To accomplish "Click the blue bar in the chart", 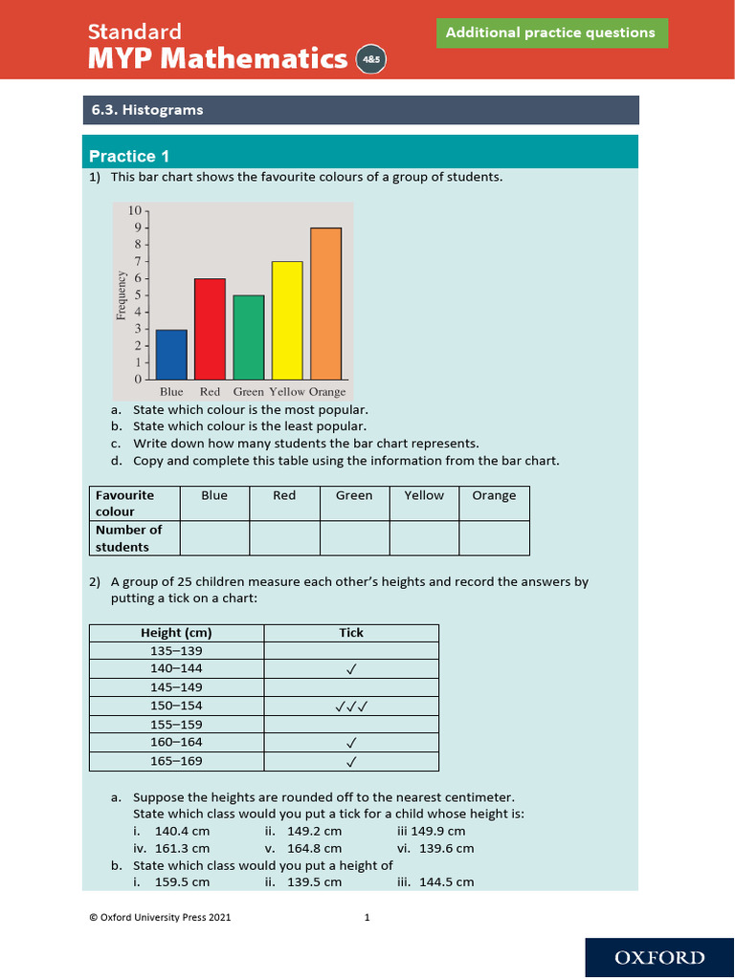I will tap(171, 354).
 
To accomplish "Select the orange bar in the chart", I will tap(325, 303).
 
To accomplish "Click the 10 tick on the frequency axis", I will tap(135, 210).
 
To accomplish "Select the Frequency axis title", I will tap(122, 295).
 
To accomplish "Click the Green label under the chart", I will tap(248, 392).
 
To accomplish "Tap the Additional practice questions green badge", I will tap(550, 33).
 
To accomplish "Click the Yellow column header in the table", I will tap(424, 495).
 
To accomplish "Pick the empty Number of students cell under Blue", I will tap(214, 538).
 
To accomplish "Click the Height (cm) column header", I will tap(176, 633).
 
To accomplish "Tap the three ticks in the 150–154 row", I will tap(351, 707).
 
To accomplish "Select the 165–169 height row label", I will tap(176, 761).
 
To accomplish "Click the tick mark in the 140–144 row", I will tap(351, 669).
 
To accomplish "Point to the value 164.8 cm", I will tap(315, 848).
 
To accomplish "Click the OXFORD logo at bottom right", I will tap(659, 958).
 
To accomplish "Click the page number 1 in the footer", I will tap(367, 918).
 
